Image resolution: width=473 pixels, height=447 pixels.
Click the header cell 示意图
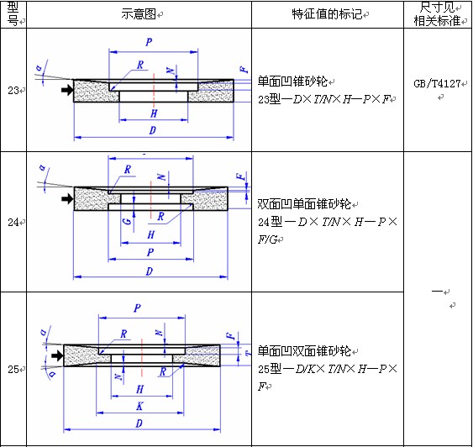139,14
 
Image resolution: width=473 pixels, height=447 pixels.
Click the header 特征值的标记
327,14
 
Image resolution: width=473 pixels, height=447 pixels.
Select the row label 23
13,90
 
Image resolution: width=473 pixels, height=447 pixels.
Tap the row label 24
13,223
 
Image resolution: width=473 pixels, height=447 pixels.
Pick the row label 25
13,369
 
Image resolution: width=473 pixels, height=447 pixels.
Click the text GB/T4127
437,83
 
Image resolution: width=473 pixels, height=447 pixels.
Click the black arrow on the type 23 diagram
67,90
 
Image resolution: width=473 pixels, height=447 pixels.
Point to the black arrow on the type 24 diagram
67,198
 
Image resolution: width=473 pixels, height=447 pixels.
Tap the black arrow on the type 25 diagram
57,355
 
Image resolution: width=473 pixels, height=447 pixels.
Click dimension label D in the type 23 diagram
153,130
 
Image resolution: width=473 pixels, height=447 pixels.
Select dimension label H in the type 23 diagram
154,113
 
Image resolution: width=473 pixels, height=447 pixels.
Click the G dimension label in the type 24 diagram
128,221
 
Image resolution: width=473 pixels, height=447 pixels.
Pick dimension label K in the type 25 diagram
139,406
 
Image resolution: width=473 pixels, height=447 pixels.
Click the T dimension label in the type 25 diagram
248,353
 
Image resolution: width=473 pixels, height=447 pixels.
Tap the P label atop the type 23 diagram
149,42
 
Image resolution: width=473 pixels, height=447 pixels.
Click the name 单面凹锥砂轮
292,82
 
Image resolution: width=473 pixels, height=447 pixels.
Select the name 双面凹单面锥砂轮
304,204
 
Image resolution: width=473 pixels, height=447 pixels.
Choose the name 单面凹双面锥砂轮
304,351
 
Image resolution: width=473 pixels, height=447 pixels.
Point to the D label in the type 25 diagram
139,423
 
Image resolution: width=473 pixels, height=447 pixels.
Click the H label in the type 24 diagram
151,234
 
